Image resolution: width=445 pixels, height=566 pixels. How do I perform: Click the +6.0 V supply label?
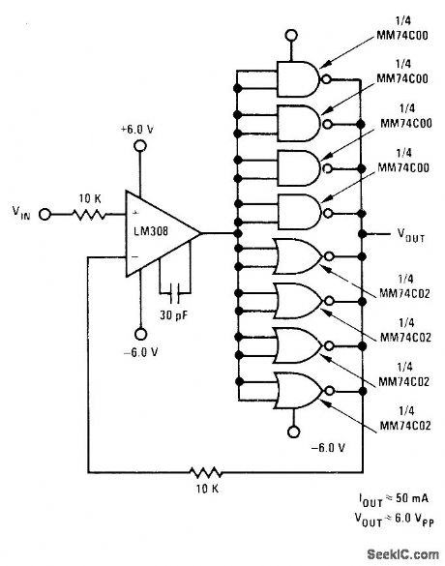[x=139, y=129]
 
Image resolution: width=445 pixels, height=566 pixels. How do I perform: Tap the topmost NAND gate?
[x=300, y=79]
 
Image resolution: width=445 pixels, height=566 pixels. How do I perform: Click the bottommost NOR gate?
[x=300, y=389]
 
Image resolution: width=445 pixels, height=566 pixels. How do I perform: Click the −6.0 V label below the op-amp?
[x=139, y=350]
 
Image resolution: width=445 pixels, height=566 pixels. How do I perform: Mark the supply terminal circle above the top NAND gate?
[x=286, y=39]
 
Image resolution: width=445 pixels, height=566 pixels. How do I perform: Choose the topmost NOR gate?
[x=300, y=255]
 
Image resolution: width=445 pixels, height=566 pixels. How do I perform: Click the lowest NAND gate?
[x=300, y=210]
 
